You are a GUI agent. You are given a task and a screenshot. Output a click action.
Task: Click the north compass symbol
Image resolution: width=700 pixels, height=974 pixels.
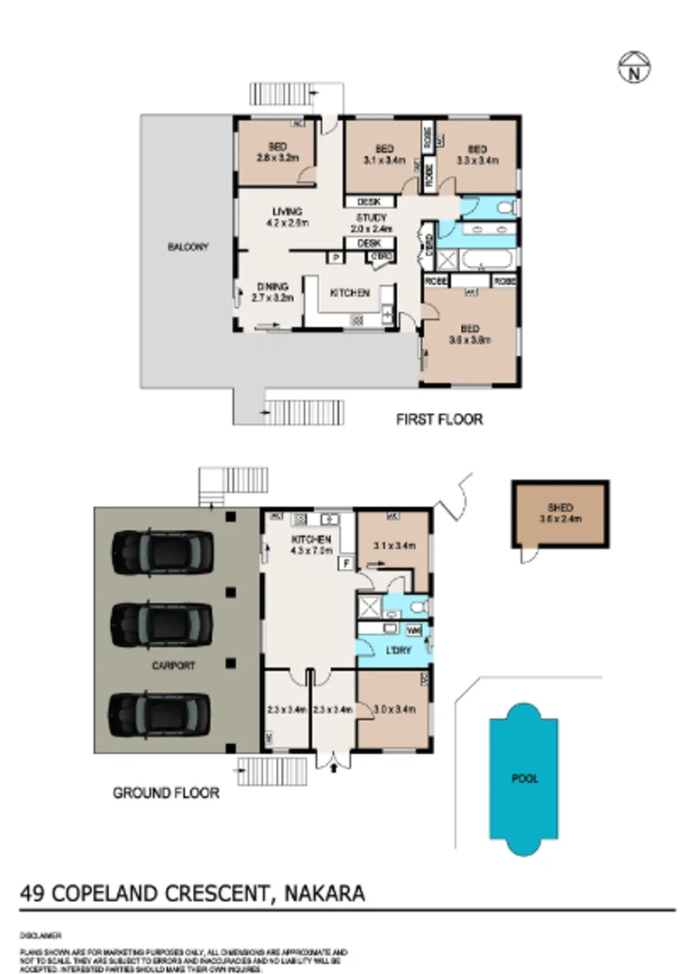pos(634,66)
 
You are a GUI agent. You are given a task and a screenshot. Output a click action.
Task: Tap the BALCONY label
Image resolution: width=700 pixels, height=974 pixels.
pos(188,246)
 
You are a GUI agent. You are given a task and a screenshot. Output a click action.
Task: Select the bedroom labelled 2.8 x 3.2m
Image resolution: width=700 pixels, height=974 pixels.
pos(277,154)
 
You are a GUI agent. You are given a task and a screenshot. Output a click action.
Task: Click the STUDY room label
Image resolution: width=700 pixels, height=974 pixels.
pos(371,218)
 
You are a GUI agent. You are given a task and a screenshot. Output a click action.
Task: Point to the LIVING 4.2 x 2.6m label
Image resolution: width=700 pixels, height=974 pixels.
pos(287,216)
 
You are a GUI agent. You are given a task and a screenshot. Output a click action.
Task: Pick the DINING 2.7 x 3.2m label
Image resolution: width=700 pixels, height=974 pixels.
pos(272,291)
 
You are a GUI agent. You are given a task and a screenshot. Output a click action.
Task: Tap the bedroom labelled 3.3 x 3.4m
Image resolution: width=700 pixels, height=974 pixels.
pos(476,155)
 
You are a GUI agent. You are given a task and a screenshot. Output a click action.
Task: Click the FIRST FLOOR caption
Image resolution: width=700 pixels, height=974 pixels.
pos(440,419)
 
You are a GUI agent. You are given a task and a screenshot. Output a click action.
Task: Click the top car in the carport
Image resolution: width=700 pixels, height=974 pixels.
pos(161,552)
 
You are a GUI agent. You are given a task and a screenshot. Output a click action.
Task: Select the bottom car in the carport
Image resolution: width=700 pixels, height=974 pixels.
pos(161,712)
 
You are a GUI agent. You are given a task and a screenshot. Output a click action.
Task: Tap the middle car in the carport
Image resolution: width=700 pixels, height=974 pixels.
pos(161,623)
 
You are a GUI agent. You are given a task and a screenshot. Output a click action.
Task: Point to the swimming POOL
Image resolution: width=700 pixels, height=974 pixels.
pos(526,778)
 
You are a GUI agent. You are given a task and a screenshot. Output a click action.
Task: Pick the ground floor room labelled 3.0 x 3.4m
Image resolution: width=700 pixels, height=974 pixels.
pos(394,710)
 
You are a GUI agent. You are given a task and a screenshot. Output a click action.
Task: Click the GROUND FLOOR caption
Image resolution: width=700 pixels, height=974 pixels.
pos(166,794)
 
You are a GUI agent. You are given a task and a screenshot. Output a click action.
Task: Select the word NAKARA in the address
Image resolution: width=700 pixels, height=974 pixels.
pos(324,894)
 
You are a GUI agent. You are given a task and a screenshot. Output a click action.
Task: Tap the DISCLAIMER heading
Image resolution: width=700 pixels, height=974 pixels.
pos(40,936)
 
